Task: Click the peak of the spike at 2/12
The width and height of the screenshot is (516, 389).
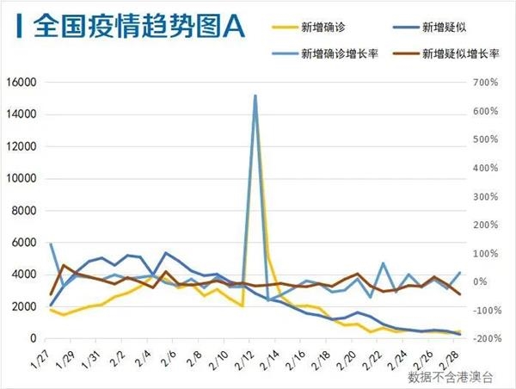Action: [x=255, y=96]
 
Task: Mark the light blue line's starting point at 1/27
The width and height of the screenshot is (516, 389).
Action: [x=51, y=244]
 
